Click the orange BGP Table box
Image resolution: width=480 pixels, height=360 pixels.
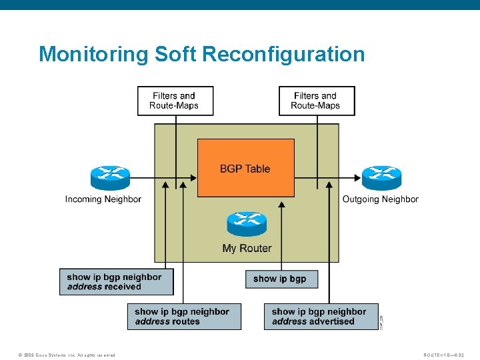point(245,167)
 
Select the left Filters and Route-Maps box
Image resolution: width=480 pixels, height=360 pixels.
point(175,101)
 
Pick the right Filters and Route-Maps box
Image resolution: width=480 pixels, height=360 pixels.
point(316,101)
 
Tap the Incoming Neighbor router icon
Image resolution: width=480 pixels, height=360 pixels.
point(110,177)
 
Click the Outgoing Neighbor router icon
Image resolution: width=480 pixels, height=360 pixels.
point(381,177)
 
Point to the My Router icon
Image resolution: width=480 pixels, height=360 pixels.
point(247,224)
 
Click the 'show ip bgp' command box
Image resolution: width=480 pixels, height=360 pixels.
point(281,279)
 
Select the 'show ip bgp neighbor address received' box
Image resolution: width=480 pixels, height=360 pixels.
point(116,282)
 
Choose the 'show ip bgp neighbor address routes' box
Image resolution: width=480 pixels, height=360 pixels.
point(184,316)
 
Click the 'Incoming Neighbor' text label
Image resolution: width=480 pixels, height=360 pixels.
point(103,199)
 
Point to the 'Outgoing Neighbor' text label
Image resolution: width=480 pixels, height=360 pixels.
point(381,199)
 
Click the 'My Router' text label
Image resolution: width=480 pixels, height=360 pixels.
point(247,249)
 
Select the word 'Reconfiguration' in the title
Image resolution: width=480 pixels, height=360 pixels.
point(283,54)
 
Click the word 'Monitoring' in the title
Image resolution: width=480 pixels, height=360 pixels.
point(94,54)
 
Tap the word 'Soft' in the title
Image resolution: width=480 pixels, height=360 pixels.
point(176,54)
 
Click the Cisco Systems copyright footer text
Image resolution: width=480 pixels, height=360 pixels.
point(67,355)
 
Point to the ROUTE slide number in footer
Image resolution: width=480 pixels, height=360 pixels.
point(448,355)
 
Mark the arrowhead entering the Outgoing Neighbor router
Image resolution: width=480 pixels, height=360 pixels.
point(357,177)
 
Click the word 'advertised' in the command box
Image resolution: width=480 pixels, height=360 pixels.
point(332,321)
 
